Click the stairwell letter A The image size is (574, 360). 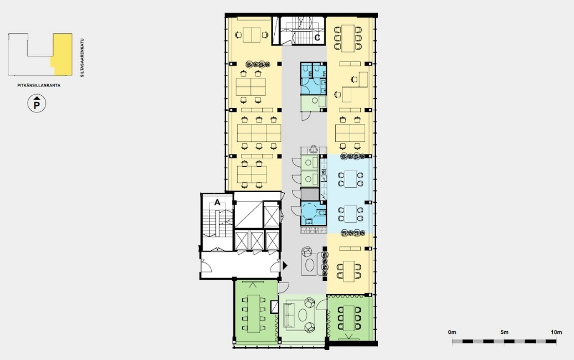pyautogui.click(x=217, y=202)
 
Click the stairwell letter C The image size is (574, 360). pyautogui.click(x=317, y=38)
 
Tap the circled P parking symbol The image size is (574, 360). pyautogui.click(x=37, y=104)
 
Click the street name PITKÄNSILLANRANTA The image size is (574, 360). pyautogui.click(x=39, y=86)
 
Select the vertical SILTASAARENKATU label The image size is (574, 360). pyautogui.click(x=83, y=58)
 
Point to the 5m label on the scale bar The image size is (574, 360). pyautogui.click(x=504, y=332)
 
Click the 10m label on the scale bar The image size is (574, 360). pyautogui.click(x=556, y=332)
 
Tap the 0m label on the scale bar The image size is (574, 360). pyautogui.click(x=452, y=332)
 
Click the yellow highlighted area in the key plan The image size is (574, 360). pyautogui.click(x=62, y=54)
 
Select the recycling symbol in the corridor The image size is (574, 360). pyautogui.click(x=314, y=150)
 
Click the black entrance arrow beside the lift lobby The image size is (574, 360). pyautogui.click(x=285, y=266)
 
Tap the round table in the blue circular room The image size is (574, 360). pyautogui.click(x=309, y=210)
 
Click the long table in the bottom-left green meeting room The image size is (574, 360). pyautogui.click(x=253, y=313)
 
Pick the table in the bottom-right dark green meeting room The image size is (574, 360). pyautogui.click(x=349, y=317)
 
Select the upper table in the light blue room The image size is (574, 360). pyautogui.click(x=350, y=179)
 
